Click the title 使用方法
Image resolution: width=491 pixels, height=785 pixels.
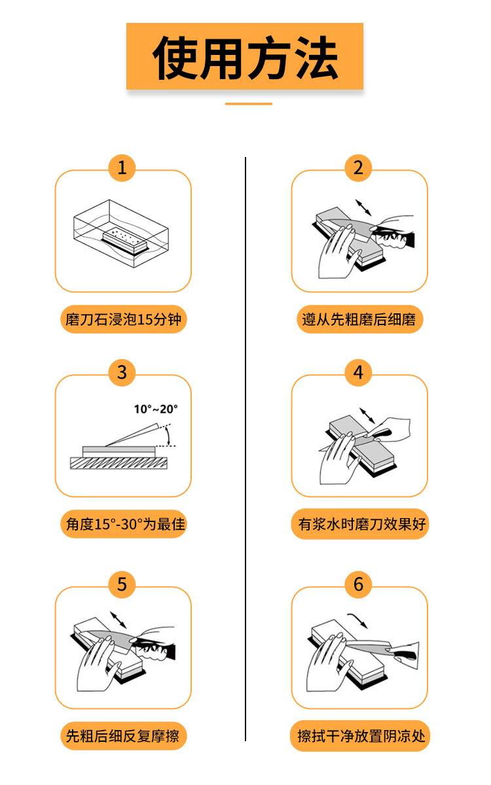(x=245, y=57)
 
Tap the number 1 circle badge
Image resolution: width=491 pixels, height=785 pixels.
(x=122, y=168)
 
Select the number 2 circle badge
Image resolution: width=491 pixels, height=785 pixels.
(x=358, y=168)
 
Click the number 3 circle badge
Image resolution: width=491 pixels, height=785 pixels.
(x=122, y=372)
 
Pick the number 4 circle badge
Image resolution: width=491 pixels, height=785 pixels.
(x=358, y=372)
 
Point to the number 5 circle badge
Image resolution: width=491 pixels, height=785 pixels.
(x=122, y=585)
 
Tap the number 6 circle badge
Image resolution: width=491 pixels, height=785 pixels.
(x=358, y=585)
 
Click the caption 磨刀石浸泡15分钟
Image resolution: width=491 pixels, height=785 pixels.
(x=124, y=319)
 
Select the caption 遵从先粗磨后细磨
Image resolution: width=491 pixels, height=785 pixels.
(x=359, y=319)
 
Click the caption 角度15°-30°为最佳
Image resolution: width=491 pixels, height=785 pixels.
(x=125, y=524)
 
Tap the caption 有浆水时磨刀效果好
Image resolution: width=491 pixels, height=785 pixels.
(x=362, y=524)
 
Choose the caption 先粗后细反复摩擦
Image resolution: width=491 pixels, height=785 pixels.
(x=123, y=736)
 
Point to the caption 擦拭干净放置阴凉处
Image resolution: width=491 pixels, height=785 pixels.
(x=361, y=736)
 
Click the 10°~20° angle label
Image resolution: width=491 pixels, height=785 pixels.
(x=156, y=409)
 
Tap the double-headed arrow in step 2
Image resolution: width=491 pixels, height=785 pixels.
(x=363, y=207)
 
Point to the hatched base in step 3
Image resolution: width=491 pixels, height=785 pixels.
(x=119, y=463)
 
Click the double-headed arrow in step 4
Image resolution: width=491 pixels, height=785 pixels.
(x=367, y=415)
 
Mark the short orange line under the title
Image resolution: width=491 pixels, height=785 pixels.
(x=249, y=104)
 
